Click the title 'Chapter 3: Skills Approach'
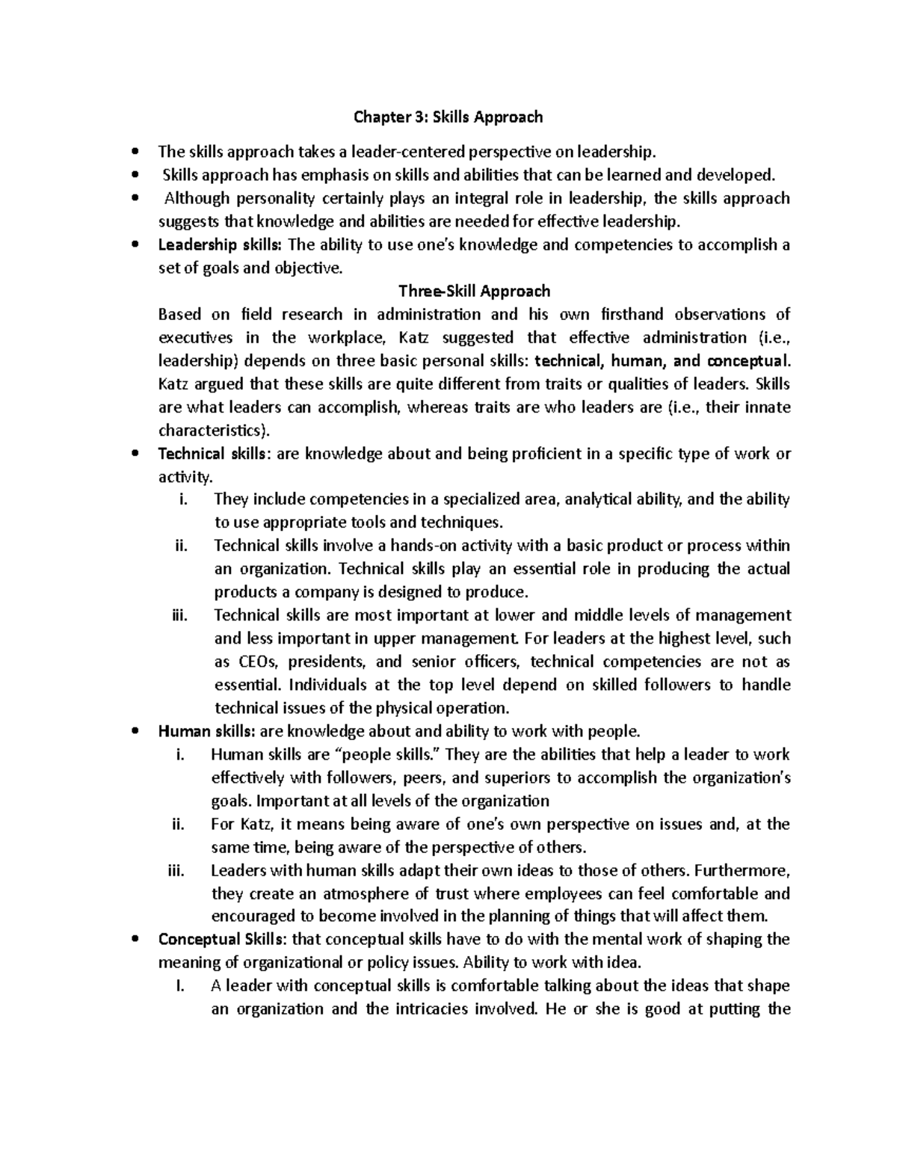(448, 117)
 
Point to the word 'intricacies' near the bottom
(428, 1008)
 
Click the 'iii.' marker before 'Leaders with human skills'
(177, 870)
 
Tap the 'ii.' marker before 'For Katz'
(178, 824)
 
